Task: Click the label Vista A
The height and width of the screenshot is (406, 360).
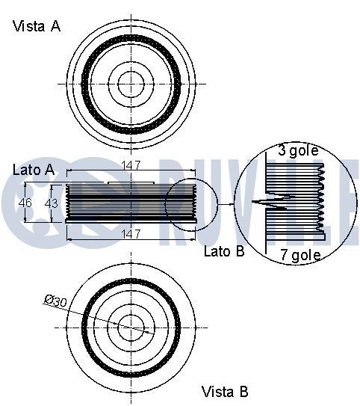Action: click(36, 26)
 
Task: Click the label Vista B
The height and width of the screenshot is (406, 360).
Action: click(226, 391)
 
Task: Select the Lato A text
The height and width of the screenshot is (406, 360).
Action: click(34, 170)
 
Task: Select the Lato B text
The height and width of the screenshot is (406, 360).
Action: click(224, 251)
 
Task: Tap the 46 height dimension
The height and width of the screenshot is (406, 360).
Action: click(25, 203)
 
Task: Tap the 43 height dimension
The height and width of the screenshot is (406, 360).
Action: click(52, 203)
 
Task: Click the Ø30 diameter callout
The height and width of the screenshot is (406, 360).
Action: click(56, 300)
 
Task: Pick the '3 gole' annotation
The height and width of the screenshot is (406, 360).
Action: click(298, 150)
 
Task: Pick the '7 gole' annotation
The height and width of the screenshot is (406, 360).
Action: click(300, 255)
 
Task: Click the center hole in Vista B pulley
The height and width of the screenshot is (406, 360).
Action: click(131, 325)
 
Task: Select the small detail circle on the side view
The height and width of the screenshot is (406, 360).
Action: click(191, 203)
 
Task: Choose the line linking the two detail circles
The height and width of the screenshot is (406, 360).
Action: click(226, 203)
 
